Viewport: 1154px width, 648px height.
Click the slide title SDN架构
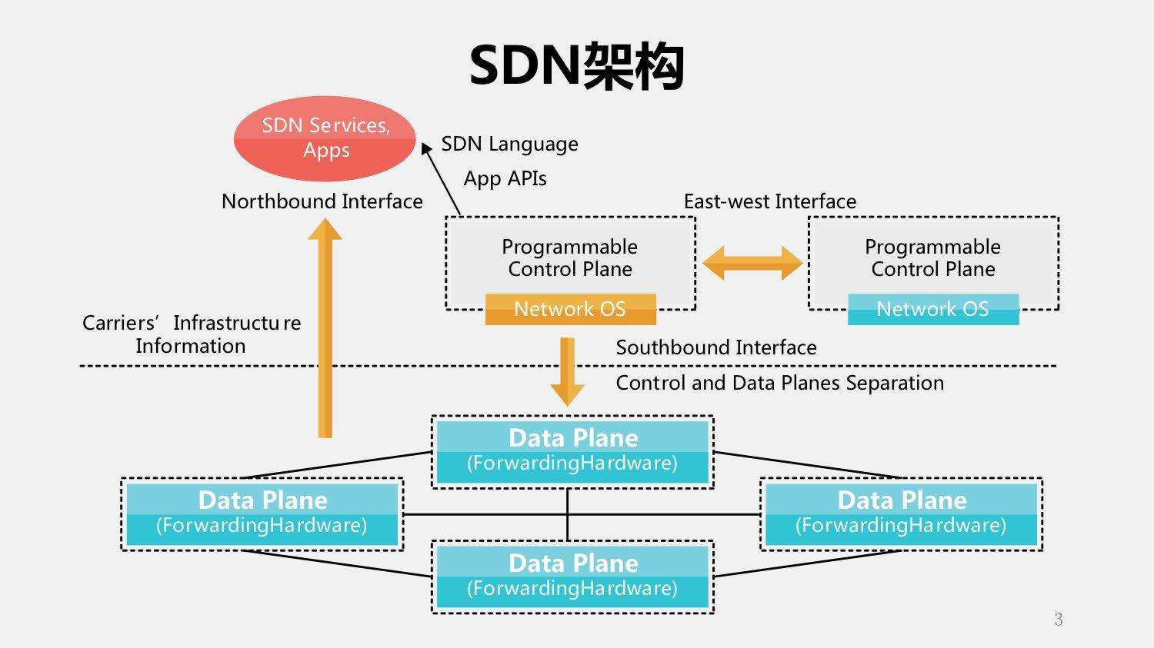pyautogui.click(x=576, y=67)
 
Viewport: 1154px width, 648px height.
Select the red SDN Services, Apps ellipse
pyautogui.click(x=325, y=138)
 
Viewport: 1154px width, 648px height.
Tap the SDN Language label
pyautogui.click(x=509, y=144)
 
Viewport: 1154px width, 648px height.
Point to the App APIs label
pyautogui.click(x=505, y=178)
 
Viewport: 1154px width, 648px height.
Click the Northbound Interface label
pyautogui.click(x=322, y=201)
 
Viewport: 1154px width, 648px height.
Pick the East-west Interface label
pyautogui.click(x=769, y=201)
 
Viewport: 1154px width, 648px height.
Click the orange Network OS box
pyautogui.click(x=570, y=309)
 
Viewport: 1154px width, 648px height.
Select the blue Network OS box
pyautogui.click(x=932, y=309)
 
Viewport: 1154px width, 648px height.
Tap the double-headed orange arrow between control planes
pyautogui.click(x=752, y=263)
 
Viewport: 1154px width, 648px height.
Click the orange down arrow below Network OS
pyautogui.click(x=568, y=371)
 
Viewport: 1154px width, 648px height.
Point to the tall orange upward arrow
pyautogui.click(x=325, y=331)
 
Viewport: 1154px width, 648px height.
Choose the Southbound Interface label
pyautogui.click(x=715, y=347)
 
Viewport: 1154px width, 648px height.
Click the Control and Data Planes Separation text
pyautogui.click(x=779, y=383)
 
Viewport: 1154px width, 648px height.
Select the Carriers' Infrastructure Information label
pyautogui.click(x=191, y=334)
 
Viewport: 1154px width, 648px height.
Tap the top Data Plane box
pyautogui.click(x=572, y=451)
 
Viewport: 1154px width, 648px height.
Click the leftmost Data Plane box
pyautogui.click(x=262, y=513)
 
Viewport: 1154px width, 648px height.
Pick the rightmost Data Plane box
pyautogui.click(x=901, y=513)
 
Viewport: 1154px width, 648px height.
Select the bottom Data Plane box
pyautogui.click(x=572, y=577)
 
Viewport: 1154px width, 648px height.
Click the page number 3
pyautogui.click(x=1058, y=620)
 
